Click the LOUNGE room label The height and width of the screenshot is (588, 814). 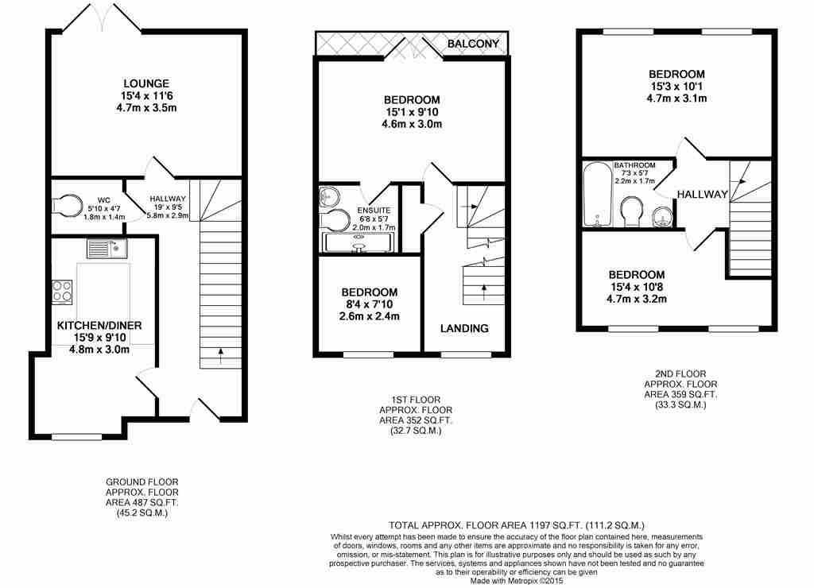146,83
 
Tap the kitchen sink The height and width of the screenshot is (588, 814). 107,249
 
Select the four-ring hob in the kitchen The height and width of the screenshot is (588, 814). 62,292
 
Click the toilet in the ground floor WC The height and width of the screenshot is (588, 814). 67,204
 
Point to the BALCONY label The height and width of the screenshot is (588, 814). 473,44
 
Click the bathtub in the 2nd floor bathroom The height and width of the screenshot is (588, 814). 598,195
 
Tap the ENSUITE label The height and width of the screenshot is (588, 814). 374,211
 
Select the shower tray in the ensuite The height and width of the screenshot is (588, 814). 359,242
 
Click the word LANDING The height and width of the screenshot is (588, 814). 464,328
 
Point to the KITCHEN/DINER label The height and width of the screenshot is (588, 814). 99,326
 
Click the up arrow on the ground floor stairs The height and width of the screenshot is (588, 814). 221,356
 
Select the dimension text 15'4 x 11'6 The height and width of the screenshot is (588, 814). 146,96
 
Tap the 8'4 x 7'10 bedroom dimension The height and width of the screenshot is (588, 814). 369,304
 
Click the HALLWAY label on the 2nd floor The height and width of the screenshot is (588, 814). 703,194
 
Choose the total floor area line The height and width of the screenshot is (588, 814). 517,525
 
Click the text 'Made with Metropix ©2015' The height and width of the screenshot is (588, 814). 517,581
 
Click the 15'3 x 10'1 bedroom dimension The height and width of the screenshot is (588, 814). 676,86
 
